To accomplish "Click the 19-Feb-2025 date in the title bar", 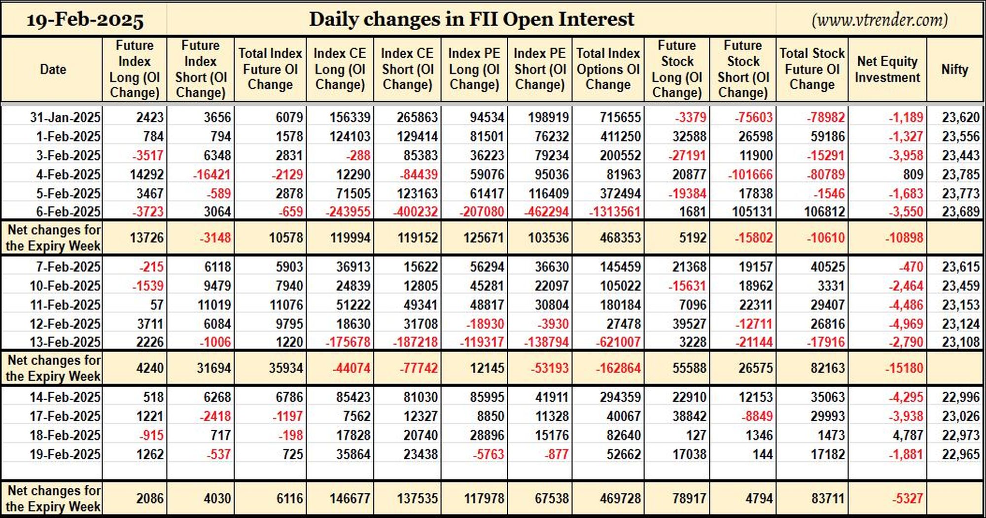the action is (x=85, y=20).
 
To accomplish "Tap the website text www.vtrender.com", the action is (x=880, y=20).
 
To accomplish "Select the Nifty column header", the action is (x=954, y=69).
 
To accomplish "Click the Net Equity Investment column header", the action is (x=887, y=69).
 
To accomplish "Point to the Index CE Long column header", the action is (x=340, y=69).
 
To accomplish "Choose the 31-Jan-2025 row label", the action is (x=65, y=117).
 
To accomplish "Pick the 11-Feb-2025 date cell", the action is (x=65, y=305).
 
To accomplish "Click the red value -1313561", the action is (x=615, y=212).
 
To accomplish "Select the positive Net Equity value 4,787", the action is (x=907, y=435).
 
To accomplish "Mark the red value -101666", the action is (x=745, y=174).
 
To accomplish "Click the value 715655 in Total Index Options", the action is (x=620, y=117).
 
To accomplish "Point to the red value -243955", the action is (x=348, y=212).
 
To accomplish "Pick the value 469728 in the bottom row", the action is (x=620, y=498).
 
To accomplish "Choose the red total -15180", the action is (x=904, y=368).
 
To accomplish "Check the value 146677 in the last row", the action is (x=350, y=498).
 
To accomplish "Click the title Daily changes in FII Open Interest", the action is (x=471, y=19).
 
